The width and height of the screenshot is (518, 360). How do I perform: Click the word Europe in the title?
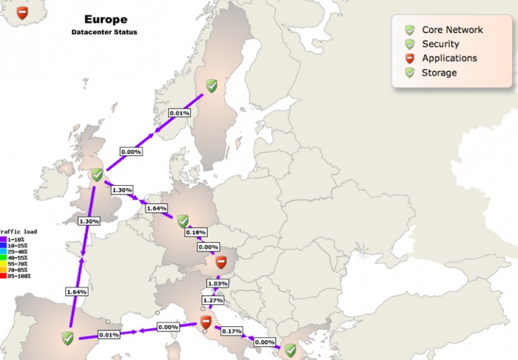pyautogui.click(x=105, y=20)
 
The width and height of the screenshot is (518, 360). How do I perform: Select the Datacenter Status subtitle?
pyautogui.click(x=104, y=32)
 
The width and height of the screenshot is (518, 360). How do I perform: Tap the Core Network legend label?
pyautogui.click(x=452, y=30)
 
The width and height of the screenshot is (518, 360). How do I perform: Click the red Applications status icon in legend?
pyautogui.click(x=410, y=59)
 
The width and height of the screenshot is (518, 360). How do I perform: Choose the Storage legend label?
pyautogui.click(x=439, y=73)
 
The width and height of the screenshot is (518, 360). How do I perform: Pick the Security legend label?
pyautogui.click(x=441, y=44)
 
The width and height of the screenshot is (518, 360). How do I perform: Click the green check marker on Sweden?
pyautogui.click(x=211, y=85)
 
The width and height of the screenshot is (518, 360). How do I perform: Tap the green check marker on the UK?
pyautogui.click(x=97, y=175)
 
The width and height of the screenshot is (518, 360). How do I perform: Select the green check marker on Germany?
pyautogui.click(x=183, y=221)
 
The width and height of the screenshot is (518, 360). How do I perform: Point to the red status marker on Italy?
pyautogui.click(x=206, y=323)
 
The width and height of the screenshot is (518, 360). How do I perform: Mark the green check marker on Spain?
pyautogui.click(x=67, y=338)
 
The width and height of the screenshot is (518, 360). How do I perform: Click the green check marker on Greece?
pyautogui.click(x=290, y=351)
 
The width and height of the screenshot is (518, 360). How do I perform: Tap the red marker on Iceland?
pyautogui.click(x=22, y=13)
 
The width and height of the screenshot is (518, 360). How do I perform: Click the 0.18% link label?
pyautogui.click(x=196, y=232)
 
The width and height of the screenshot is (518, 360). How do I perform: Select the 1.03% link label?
pyautogui.click(x=218, y=284)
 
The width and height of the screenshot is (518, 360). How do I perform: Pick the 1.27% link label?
pyautogui.click(x=213, y=300)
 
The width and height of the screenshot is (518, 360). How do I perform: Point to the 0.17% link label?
pyautogui.click(x=231, y=331)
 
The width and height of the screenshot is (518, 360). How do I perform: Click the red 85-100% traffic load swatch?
pyautogui.click(x=3, y=276)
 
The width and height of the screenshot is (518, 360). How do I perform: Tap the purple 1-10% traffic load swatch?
pyautogui.click(x=3, y=238)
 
